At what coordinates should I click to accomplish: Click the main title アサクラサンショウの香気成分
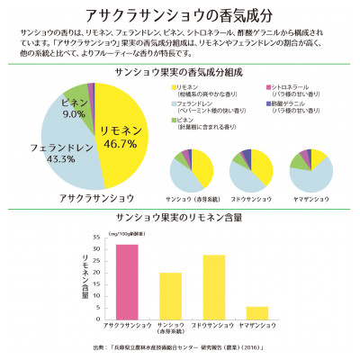point(180,15)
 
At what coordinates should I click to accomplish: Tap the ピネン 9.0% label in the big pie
point(74,109)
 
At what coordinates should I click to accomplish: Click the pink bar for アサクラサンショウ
point(127,283)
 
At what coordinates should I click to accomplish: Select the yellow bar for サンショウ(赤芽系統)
point(170,296)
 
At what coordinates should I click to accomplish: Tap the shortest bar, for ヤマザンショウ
point(256,313)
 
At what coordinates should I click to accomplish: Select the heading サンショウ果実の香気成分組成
point(179,71)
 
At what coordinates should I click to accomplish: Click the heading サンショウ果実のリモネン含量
point(179,218)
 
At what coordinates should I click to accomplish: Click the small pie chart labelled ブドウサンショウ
point(250,167)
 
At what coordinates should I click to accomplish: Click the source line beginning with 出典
point(180,346)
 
